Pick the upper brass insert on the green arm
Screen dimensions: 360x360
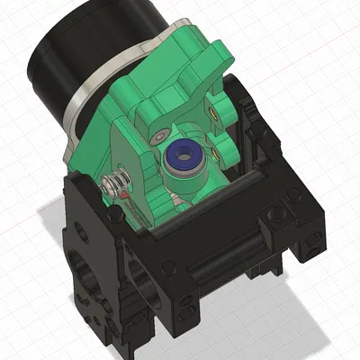coord(213,112)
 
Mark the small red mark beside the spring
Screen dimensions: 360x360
coord(127,190)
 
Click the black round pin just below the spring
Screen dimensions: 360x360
coord(116,216)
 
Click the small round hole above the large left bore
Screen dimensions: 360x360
coord(82,229)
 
